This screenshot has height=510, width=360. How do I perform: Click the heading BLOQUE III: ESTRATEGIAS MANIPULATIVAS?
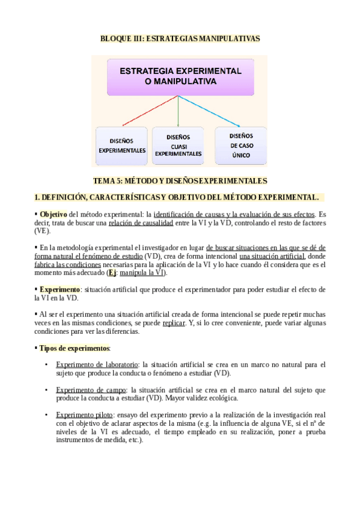tap(180, 38)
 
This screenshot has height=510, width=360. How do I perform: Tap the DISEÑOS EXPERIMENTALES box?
tap(122, 146)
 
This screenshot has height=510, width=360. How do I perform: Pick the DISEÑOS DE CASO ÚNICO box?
tap(240, 146)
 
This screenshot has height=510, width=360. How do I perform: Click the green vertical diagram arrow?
tap(178, 111)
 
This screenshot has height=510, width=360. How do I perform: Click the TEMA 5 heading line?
tap(180, 180)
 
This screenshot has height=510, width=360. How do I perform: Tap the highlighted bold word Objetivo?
tap(53, 214)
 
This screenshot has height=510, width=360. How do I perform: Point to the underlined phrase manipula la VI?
tap(141, 272)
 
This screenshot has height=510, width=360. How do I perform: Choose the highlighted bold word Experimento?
tap(59, 289)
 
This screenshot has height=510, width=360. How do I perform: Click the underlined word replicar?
tap(174, 323)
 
